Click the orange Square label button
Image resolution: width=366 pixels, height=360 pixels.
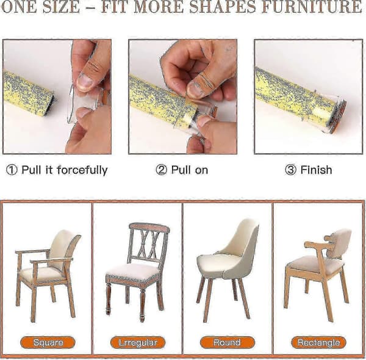tap(48, 342)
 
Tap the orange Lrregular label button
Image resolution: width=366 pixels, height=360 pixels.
tap(138, 342)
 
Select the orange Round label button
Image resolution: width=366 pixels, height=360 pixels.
tap(228, 342)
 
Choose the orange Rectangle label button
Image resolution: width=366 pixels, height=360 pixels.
tap(318, 342)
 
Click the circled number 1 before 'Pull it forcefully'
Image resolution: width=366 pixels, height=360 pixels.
tap(12, 170)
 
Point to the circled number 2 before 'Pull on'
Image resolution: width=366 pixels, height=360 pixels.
tap(161, 170)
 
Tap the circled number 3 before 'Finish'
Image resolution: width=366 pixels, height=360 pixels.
tap(290, 170)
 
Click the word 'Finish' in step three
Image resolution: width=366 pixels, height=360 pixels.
tap(316, 170)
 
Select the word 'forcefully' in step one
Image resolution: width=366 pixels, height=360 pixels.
tap(82, 170)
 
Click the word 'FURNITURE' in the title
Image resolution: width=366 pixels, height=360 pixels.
tap(312, 7)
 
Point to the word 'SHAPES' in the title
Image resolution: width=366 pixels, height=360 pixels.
tap(223, 7)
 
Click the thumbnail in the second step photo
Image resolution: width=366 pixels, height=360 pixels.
tap(196, 89)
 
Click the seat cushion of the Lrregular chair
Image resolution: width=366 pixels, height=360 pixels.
tap(133, 271)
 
